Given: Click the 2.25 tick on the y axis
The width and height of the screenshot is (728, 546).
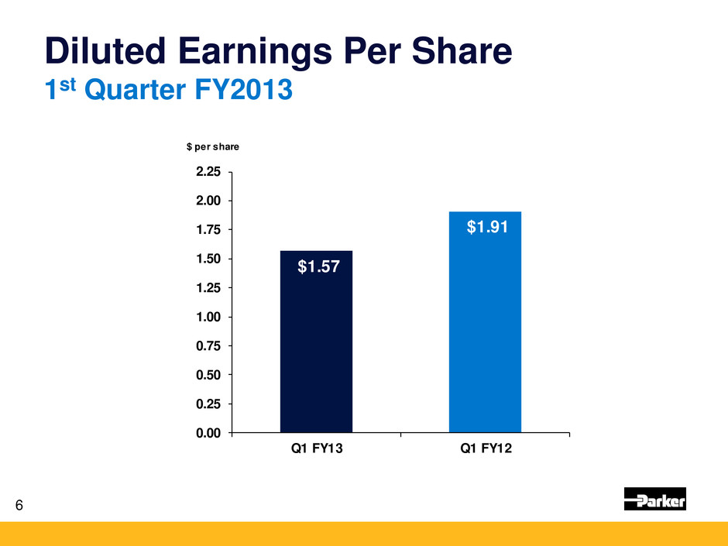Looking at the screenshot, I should point(207,172).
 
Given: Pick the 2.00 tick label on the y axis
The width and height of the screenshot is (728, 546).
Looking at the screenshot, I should point(207,201).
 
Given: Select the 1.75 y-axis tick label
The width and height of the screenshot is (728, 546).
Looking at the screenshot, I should point(207,230).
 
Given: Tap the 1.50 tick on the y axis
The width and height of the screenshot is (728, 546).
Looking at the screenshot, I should point(207,259).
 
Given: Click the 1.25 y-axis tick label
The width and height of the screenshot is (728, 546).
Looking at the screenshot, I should point(207,288).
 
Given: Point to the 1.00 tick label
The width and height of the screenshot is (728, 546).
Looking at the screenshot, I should point(207,318).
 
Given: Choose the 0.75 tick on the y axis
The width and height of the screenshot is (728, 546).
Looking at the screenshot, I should point(207,346).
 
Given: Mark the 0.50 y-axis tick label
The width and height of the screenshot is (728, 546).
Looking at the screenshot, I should point(207,375).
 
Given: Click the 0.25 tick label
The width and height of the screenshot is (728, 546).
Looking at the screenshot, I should point(207,404).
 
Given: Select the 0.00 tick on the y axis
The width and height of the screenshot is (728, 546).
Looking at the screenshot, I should point(207,433).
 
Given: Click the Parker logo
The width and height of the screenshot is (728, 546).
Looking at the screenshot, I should point(654,500).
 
